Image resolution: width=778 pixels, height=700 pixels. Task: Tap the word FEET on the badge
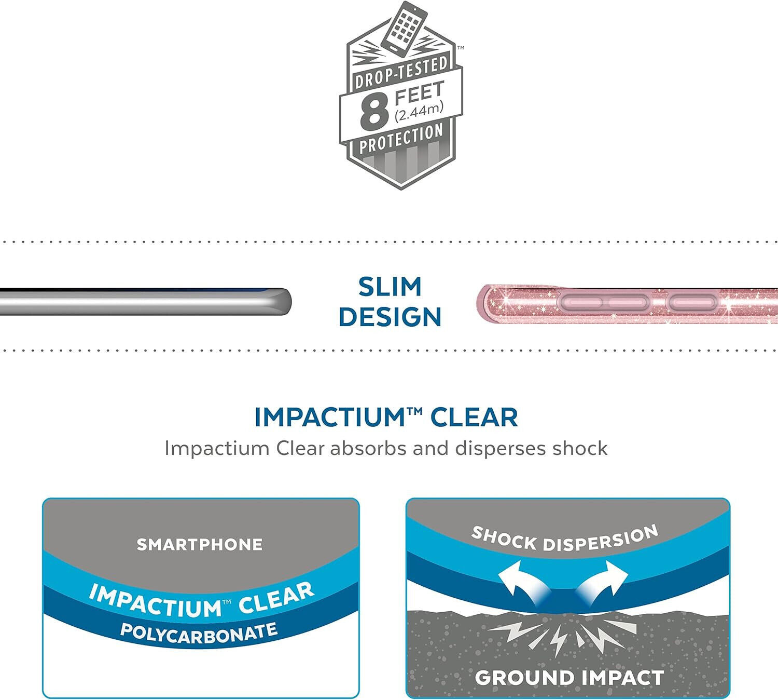click(x=419, y=92)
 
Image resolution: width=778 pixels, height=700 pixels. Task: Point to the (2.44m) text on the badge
click(x=419, y=112)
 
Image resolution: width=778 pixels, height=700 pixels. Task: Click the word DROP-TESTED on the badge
click(x=401, y=72)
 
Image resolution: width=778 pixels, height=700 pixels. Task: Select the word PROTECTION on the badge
click(x=401, y=138)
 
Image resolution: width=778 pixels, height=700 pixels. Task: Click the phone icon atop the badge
click(x=404, y=28)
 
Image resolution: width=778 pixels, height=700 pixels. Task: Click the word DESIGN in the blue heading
click(x=390, y=317)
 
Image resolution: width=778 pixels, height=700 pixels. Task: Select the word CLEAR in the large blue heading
click(x=474, y=418)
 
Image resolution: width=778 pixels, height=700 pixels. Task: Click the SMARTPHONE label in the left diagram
click(x=199, y=545)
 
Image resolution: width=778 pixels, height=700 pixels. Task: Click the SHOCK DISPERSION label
click(x=565, y=539)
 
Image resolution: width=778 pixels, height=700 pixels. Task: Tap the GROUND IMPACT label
click(x=569, y=678)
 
